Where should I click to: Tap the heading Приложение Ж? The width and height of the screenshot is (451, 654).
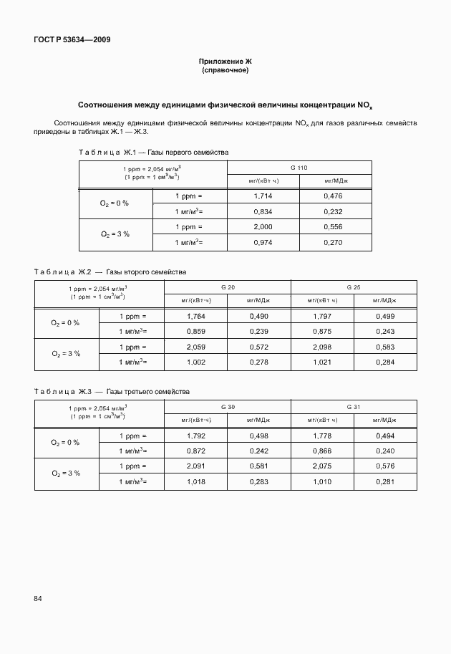click(x=225, y=63)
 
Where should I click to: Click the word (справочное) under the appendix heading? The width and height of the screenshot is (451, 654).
click(x=225, y=71)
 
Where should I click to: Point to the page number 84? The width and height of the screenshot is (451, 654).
click(x=38, y=598)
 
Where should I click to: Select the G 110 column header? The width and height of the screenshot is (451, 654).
click(x=299, y=167)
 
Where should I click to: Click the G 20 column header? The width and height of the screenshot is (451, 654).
click(x=228, y=287)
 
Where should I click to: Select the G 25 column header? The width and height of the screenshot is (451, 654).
click(x=354, y=287)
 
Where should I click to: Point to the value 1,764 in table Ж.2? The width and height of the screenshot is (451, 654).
click(x=196, y=316)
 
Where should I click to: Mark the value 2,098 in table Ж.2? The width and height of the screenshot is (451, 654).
click(x=322, y=347)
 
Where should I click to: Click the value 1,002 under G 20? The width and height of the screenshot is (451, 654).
click(x=196, y=362)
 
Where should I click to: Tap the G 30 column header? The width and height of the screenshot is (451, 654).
click(x=228, y=406)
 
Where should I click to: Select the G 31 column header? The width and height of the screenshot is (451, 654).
click(x=354, y=406)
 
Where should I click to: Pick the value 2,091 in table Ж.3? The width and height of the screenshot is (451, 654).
click(x=196, y=466)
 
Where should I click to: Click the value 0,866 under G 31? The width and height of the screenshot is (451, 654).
click(x=322, y=451)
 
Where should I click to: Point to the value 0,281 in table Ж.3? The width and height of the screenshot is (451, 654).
click(x=385, y=482)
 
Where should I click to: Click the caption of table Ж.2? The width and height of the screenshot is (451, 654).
click(x=111, y=272)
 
